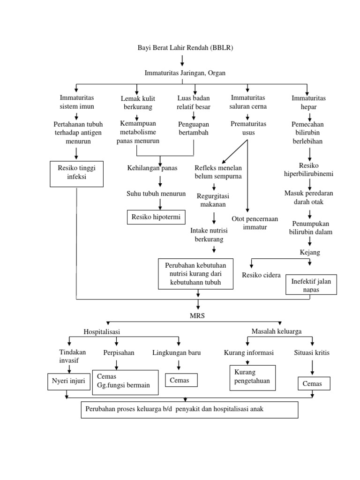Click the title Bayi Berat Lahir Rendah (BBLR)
click(185, 48)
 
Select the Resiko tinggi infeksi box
click(76, 173)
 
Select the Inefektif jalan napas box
click(311, 285)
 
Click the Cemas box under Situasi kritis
click(314, 384)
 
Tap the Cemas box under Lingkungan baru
click(181, 380)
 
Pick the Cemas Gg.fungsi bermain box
click(124, 381)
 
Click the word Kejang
click(310, 252)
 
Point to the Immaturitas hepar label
click(308, 102)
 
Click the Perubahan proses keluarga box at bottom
click(189, 409)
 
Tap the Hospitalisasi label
click(102, 331)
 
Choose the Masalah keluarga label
click(277, 331)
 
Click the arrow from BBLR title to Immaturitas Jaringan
click(182, 60)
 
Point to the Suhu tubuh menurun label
click(156, 193)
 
